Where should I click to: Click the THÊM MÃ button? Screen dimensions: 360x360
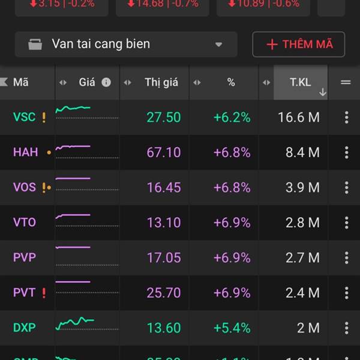point(298,44)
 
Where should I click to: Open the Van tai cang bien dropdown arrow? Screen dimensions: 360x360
point(218,44)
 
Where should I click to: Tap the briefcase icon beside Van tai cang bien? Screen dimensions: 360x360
point(35,44)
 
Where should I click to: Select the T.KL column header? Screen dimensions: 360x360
point(301,82)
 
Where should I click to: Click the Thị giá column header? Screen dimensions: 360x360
point(161,82)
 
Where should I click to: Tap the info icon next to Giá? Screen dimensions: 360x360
point(106,82)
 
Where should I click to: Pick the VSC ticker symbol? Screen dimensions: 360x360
point(24,118)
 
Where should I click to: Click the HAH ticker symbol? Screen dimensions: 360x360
point(25,152)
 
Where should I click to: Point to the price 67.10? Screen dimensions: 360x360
point(163,152)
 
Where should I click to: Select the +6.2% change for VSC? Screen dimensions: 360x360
point(232,118)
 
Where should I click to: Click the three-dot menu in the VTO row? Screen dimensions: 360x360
point(346,223)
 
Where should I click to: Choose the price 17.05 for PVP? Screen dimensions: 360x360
point(163,258)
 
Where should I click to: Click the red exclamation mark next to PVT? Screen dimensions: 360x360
point(44,293)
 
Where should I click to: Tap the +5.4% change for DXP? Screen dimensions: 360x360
point(232,328)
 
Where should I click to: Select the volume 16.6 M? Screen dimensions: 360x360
point(298,118)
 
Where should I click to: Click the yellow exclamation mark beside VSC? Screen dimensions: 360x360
point(44,118)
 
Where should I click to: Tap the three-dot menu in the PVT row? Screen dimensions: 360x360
point(346,293)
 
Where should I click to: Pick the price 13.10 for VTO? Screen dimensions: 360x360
point(163,223)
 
